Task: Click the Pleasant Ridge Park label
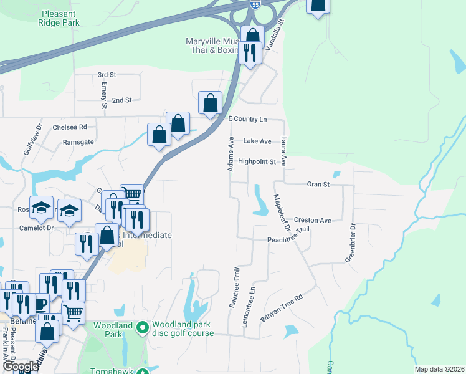(x=60, y=17)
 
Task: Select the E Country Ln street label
(x=247, y=118)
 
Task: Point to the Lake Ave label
(x=257, y=141)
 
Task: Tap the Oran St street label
(x=318, y=185)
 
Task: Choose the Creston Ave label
(x=313, y=220)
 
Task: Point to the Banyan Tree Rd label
(x=281, y=307)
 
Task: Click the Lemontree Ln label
(x=252, y=303)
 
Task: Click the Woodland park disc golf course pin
(x=143, y=326)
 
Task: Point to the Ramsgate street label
(x=78, y=142)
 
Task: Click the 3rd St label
(x=107, y=75)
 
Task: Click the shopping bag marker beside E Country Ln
(x=211, y=102)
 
